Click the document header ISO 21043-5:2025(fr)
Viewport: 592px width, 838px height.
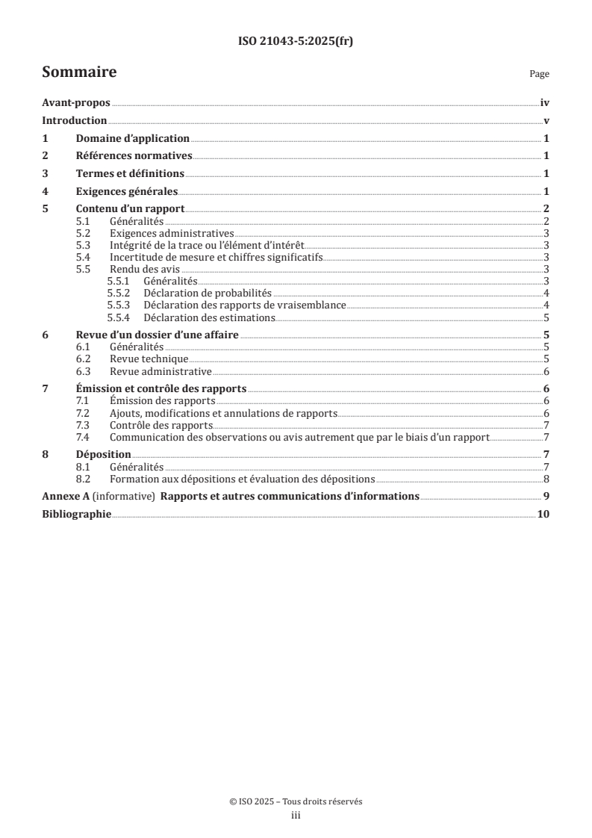pos(296,42)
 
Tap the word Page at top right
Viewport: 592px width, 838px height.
pos(539,75)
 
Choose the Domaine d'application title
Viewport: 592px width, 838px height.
pos(133,139)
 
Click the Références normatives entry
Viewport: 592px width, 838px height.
pos(134,156)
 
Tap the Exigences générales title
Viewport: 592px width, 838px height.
pos(127,190)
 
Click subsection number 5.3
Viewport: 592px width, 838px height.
pos(84,245)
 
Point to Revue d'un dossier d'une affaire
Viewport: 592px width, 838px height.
pos(158,335)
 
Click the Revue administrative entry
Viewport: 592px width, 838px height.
pos(161,371)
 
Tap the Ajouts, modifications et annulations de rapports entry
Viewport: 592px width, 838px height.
pos(223,413)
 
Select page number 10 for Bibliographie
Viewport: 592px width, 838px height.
pos(543,514)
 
